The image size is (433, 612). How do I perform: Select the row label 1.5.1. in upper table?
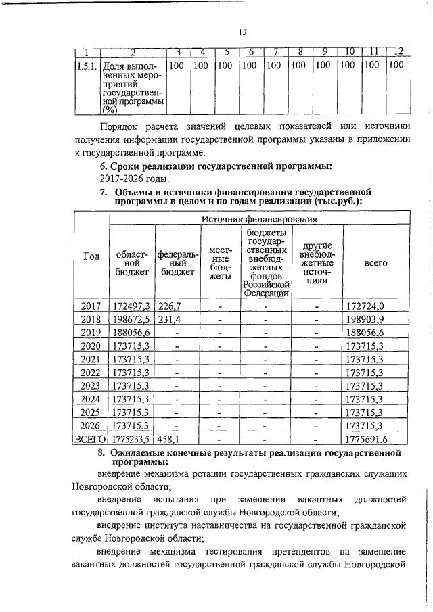(86, 66)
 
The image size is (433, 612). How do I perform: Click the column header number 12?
(398, 53)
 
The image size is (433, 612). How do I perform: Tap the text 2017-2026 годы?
(134, 179)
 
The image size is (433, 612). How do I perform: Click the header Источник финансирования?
(258, 218)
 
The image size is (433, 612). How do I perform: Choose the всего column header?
(375, 262)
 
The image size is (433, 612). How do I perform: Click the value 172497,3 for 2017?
(132, 306)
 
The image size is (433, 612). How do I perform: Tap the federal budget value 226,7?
(169, 306)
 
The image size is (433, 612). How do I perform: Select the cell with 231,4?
(169, 320)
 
